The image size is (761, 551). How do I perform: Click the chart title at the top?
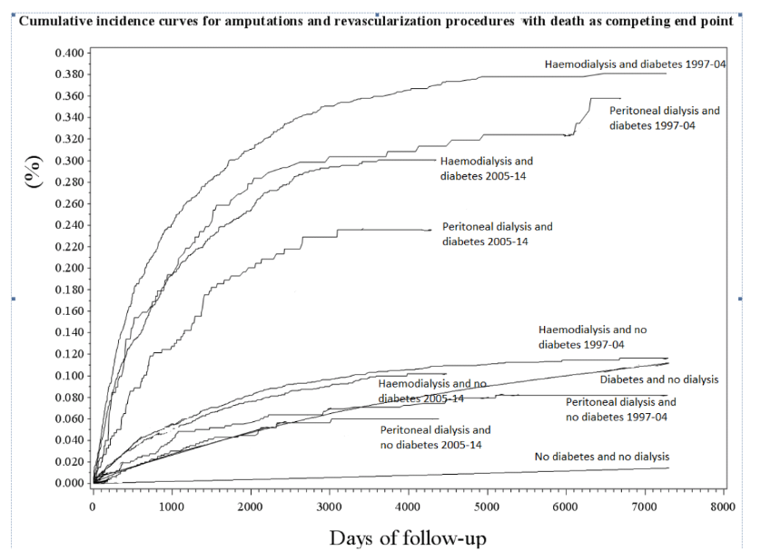pos(375,22)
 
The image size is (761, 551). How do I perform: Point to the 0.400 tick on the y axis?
pos(70,53)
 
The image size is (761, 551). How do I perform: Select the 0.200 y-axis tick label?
pos(70,268)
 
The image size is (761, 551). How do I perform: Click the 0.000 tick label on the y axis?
pos(70,483)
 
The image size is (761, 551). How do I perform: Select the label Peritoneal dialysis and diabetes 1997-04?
pos(664,118)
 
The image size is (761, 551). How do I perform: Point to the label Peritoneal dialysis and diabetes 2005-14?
pos(496,233)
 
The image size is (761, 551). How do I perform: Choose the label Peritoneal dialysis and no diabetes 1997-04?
pos(620,408)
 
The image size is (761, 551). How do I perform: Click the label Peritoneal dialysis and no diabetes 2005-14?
pos(435,437)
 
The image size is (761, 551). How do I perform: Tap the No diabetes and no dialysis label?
pos(601,456)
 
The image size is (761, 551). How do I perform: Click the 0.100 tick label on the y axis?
pos(70,376)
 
